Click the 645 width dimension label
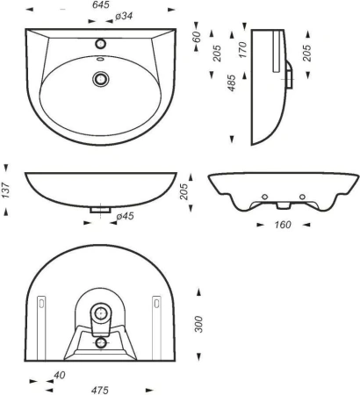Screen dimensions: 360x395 point(101,5)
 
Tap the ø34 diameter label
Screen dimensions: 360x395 point(124,17)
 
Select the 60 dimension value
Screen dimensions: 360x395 point(197,37)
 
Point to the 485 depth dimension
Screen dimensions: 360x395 point(231,83)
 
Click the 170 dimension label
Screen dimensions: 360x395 point(242,50)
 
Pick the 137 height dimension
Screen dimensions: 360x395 point(5,190)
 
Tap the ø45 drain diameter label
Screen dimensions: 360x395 point(125,216)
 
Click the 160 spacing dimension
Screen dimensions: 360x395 point(283,225)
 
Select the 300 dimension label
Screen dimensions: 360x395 point(198,324)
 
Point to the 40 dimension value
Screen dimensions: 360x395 point(60,375)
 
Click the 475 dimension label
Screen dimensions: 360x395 point(100,390)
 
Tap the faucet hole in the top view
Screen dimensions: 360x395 point(100,44)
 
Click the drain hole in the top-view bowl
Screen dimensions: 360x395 point(101,79)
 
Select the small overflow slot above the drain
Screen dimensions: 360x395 point(100,59)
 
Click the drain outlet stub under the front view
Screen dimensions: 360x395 point(100,210)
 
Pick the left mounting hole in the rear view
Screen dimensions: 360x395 point(264,197)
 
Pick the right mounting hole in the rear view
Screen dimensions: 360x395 point(302,197)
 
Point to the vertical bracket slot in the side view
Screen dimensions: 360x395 point(277,51)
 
